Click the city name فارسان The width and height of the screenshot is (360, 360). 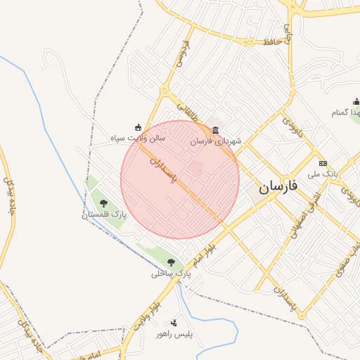[x=278, y=186]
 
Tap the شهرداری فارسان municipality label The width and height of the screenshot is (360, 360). [x=216, y=141]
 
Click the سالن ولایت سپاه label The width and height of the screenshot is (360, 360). [x=137, y=139]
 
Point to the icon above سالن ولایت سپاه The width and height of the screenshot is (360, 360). [x=138, y=127]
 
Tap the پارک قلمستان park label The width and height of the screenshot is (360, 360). [x=104, y=215]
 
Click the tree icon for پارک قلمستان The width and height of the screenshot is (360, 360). [x=103, y=203]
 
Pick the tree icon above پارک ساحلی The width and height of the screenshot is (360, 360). [x=171, y=262]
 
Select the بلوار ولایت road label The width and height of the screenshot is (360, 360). [x=150, y=307]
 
